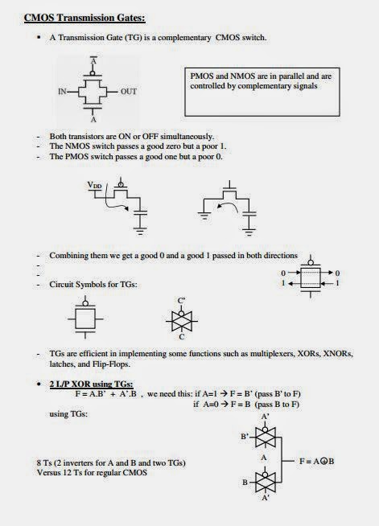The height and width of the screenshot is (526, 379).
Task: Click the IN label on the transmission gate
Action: tap(62, 92)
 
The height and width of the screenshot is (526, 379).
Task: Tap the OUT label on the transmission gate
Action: tap(129, 92)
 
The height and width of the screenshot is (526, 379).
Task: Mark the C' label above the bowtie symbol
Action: tap(181, 300)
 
